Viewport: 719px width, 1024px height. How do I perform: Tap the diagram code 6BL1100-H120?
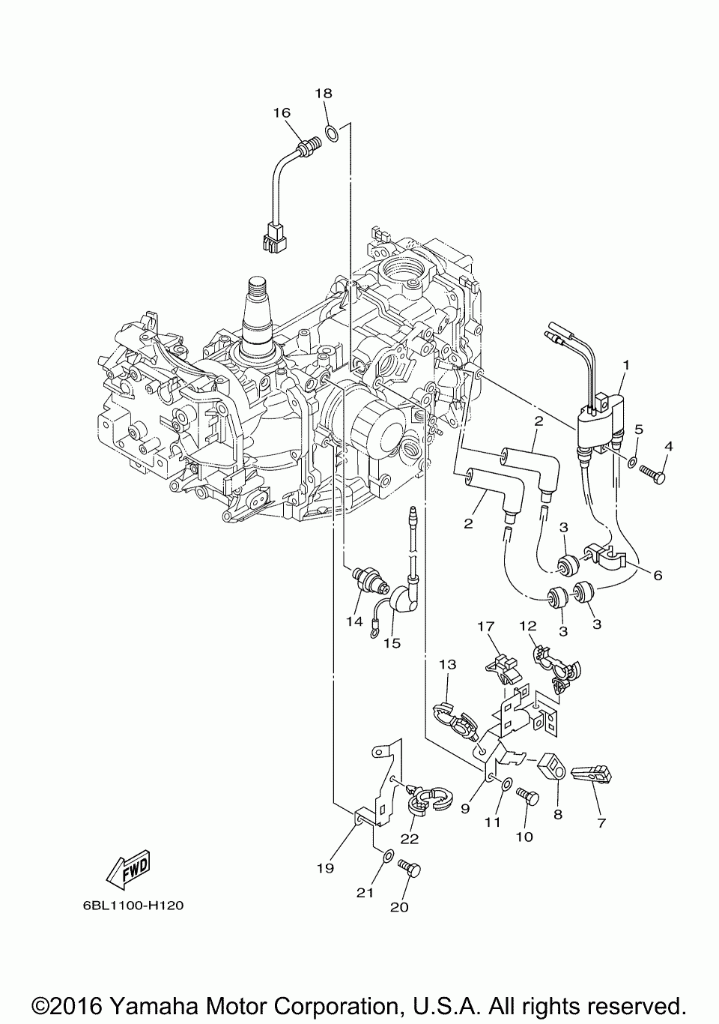coord(133,905)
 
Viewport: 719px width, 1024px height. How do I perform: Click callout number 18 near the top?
coord(324,93)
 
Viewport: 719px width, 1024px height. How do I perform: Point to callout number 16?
coord(282,112)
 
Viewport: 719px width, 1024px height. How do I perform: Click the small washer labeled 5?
coord(632,463)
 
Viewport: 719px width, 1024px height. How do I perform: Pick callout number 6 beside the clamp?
coord(658,575)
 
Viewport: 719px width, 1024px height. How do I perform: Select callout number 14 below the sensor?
coord(354,621)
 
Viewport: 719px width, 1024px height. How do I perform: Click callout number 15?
coord(392,643)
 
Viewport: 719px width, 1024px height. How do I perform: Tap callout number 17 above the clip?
coord(485,626)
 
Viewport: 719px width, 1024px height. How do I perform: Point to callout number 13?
coord(447,664)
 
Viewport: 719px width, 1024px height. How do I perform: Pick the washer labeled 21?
coord(386,855)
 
